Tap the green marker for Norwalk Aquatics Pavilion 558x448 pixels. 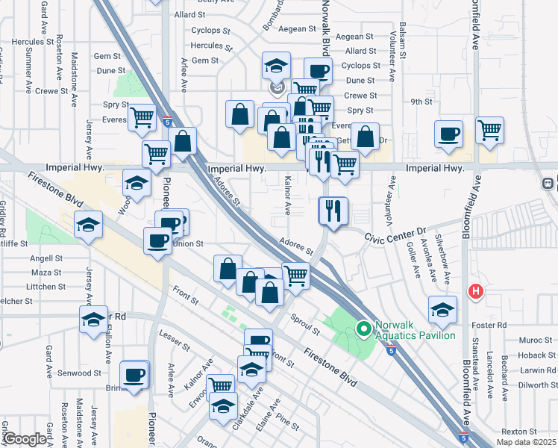364,329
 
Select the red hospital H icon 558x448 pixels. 474,291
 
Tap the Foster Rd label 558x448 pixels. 492,326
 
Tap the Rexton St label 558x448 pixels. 519,432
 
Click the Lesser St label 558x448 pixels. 174,342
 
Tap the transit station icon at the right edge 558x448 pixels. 549,183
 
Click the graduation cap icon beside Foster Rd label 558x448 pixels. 442,310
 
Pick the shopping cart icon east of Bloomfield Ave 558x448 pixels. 489,130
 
